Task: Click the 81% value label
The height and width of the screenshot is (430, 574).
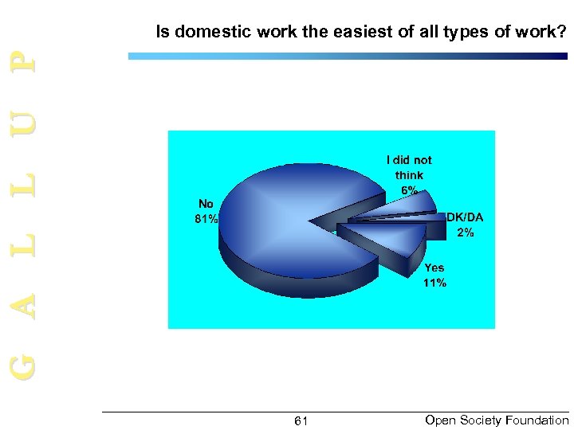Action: click(206, 219)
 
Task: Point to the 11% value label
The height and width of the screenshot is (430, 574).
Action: click(435, 283)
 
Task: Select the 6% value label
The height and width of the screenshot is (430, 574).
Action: click(409, 190)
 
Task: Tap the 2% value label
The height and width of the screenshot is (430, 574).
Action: click(466, 233)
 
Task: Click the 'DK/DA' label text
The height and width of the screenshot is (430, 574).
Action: click(465, 217)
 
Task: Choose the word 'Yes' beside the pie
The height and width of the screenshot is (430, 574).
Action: click(434, 268)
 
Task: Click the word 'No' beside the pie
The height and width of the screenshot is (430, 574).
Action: click(206, 204)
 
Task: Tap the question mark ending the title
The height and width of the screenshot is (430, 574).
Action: click(563, 33)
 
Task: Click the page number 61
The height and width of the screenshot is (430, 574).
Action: click(301, 421)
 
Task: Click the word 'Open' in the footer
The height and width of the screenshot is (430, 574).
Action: click(440, 420)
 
